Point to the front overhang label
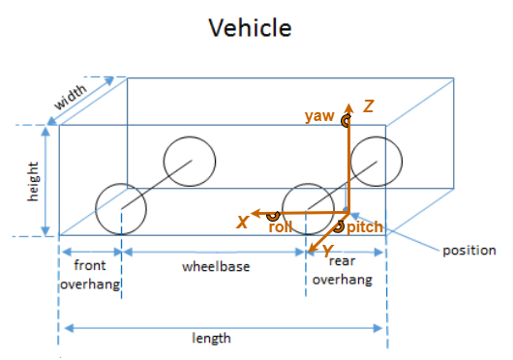(90, 274)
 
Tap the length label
(212, 338)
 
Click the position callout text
(468, 251)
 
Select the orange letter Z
(368, 106)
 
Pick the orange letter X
(243, 223)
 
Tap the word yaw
(318, 116)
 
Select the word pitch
(364, 227)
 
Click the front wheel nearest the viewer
(121, 208)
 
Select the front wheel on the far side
(189, 162)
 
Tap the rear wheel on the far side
(377, 162)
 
